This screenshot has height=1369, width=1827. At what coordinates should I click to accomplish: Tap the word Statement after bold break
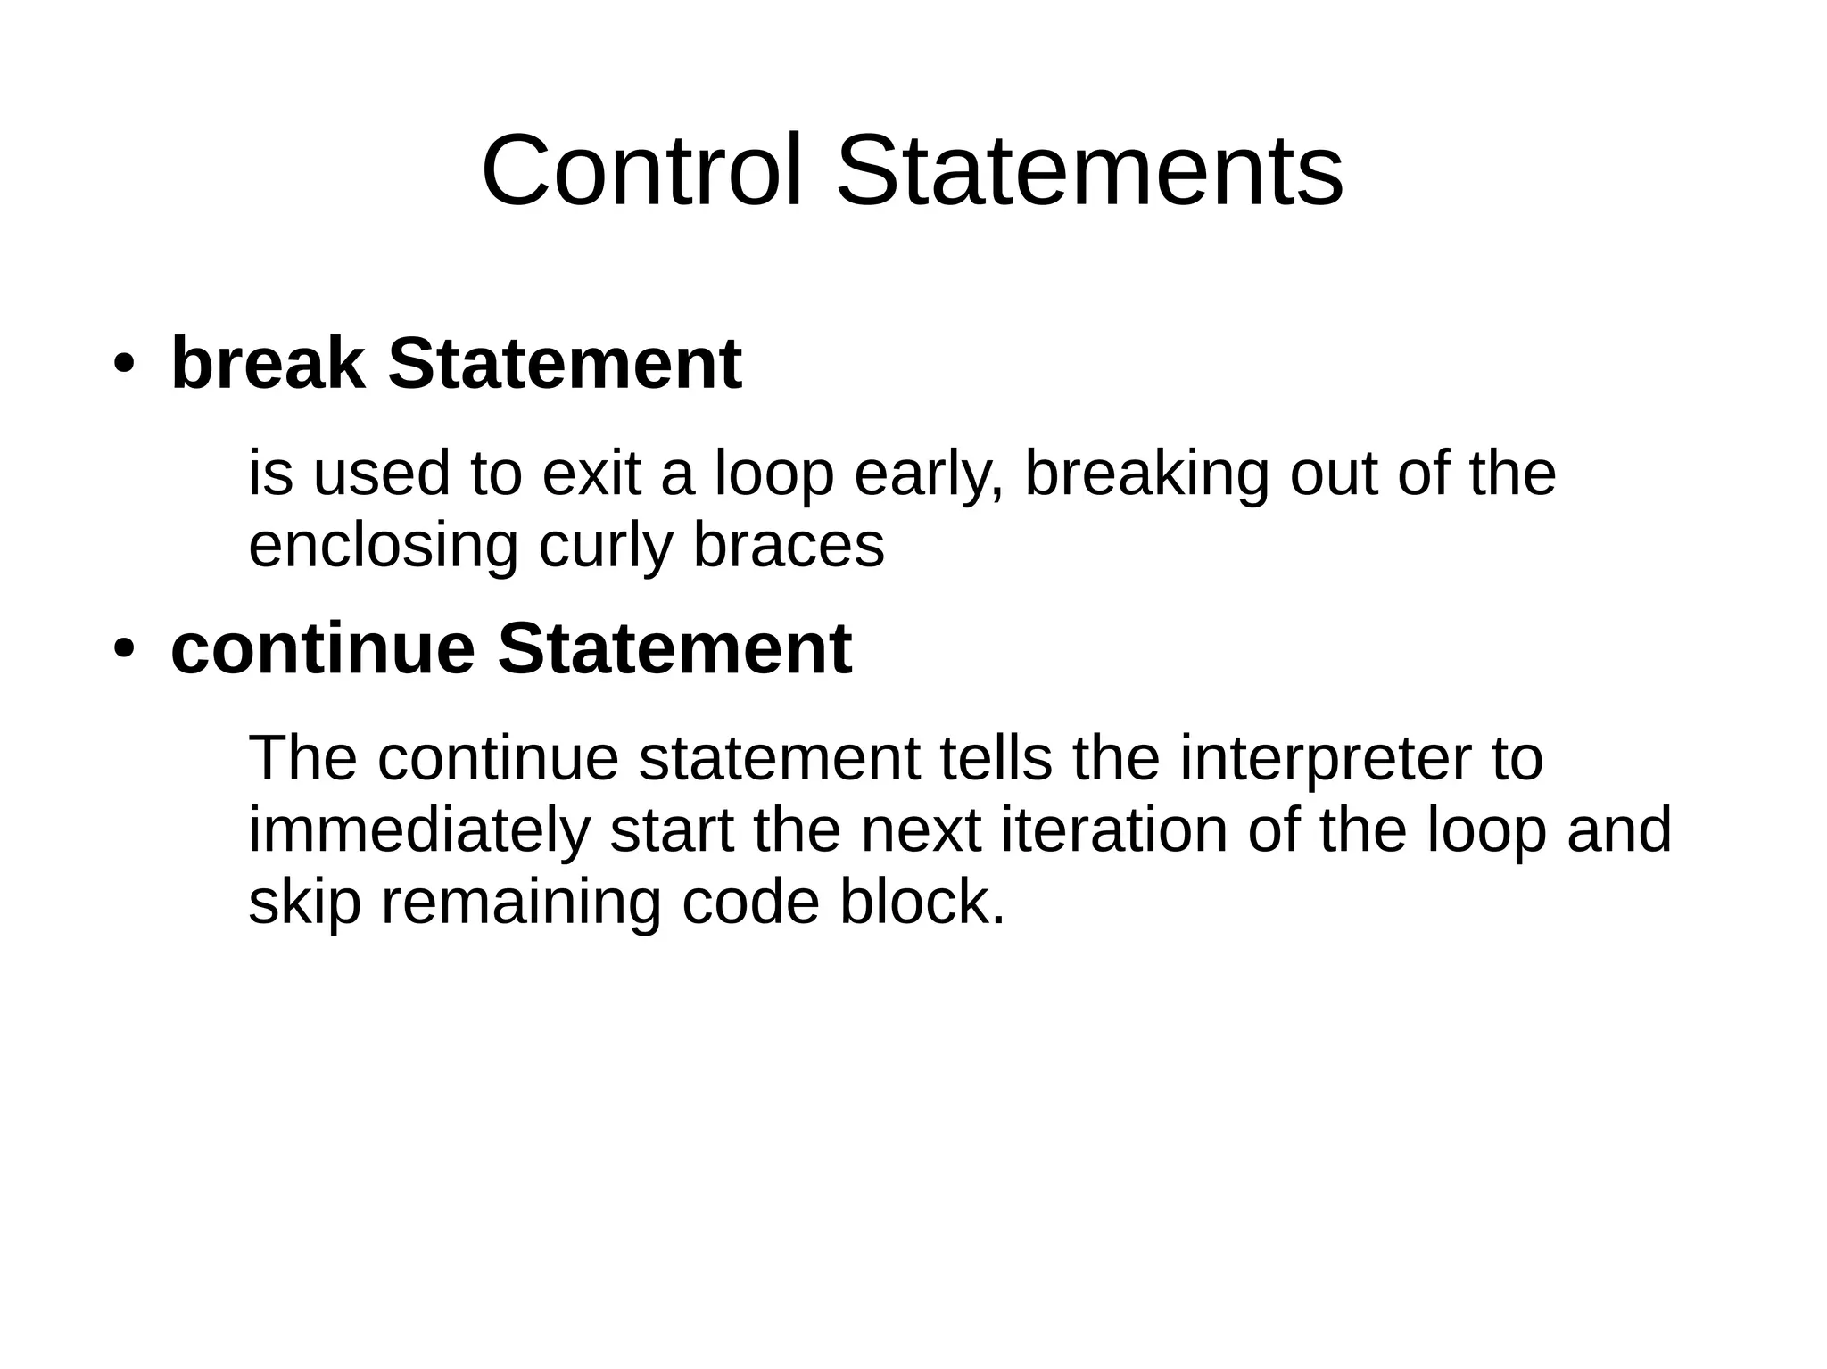click(x=564, y=363)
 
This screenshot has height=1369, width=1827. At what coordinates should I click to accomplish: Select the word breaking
click(x=1146, y=474)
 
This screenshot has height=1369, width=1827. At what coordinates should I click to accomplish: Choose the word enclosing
click(x=383, y=546)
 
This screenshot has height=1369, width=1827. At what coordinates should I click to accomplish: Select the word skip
click(x=304, y=903)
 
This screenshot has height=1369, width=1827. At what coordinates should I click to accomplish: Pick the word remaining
click(x=521, y=903)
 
